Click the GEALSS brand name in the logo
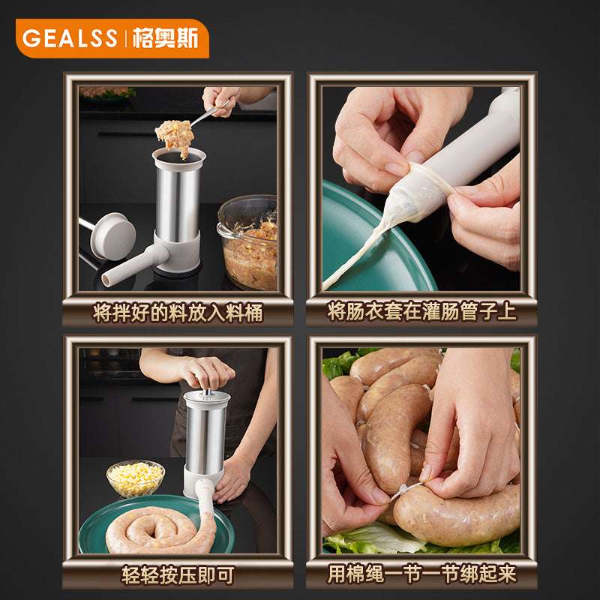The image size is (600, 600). click(x=69, y=38)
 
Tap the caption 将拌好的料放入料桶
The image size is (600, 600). click(x=178, y=313)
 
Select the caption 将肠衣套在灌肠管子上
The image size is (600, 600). click(x=421, y=312)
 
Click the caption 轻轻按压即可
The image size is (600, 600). click(x=178, y=575)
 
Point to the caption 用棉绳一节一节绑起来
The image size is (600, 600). click(x=421, y=575)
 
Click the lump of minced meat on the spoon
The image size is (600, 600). click(x=175, y=136)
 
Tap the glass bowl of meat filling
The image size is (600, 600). click(x=248, y=244)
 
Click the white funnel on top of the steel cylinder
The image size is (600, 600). click(x=178, y=157)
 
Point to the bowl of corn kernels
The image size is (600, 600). click(x=136, y=478)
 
